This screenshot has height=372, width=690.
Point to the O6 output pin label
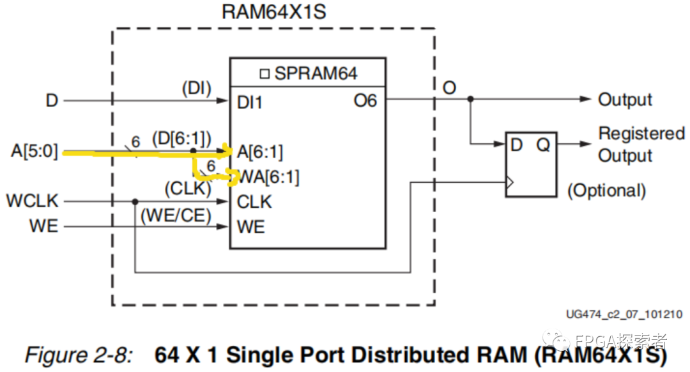(x=365, y=100)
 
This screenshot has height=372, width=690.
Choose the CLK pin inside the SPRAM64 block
(x=254, y=202)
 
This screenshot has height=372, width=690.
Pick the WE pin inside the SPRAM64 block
(x=250, y=227)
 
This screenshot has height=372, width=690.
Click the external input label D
(x=51, y=101)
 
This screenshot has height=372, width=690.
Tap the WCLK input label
(x=32, y=201)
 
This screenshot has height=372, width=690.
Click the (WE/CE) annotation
(x=176, y=216)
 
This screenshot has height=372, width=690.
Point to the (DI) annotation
(x=196, y=88)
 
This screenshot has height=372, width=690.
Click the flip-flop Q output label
(x=543, y=145)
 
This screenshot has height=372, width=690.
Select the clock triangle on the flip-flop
(x=510, y=183)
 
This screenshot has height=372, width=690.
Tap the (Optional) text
(x=606, y=190)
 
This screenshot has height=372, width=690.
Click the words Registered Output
(x=641, y=145)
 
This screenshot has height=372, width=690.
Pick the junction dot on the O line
(x=471, y=99)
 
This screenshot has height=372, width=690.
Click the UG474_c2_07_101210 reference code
(x=624, y=314)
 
